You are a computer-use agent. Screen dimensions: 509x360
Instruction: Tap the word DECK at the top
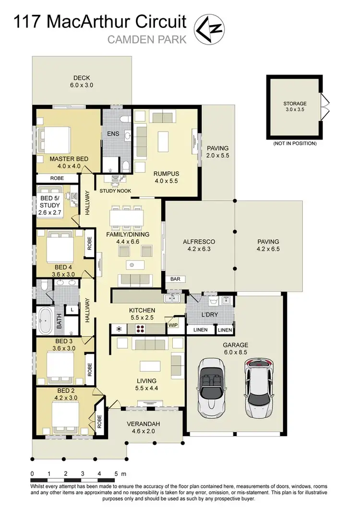tap(82, 78)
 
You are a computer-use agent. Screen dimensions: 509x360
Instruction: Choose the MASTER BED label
tap(68, 159)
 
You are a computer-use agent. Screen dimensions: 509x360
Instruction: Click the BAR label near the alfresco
tap(175, 279)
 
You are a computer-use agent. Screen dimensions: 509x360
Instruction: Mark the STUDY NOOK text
tap(115, 191)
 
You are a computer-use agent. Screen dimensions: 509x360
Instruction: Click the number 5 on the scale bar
tap(116, 473)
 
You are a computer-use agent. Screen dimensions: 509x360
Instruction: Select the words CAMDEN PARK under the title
tap(147, 40)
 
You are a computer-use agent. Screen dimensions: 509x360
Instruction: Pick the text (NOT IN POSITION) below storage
tap(294, 143)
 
